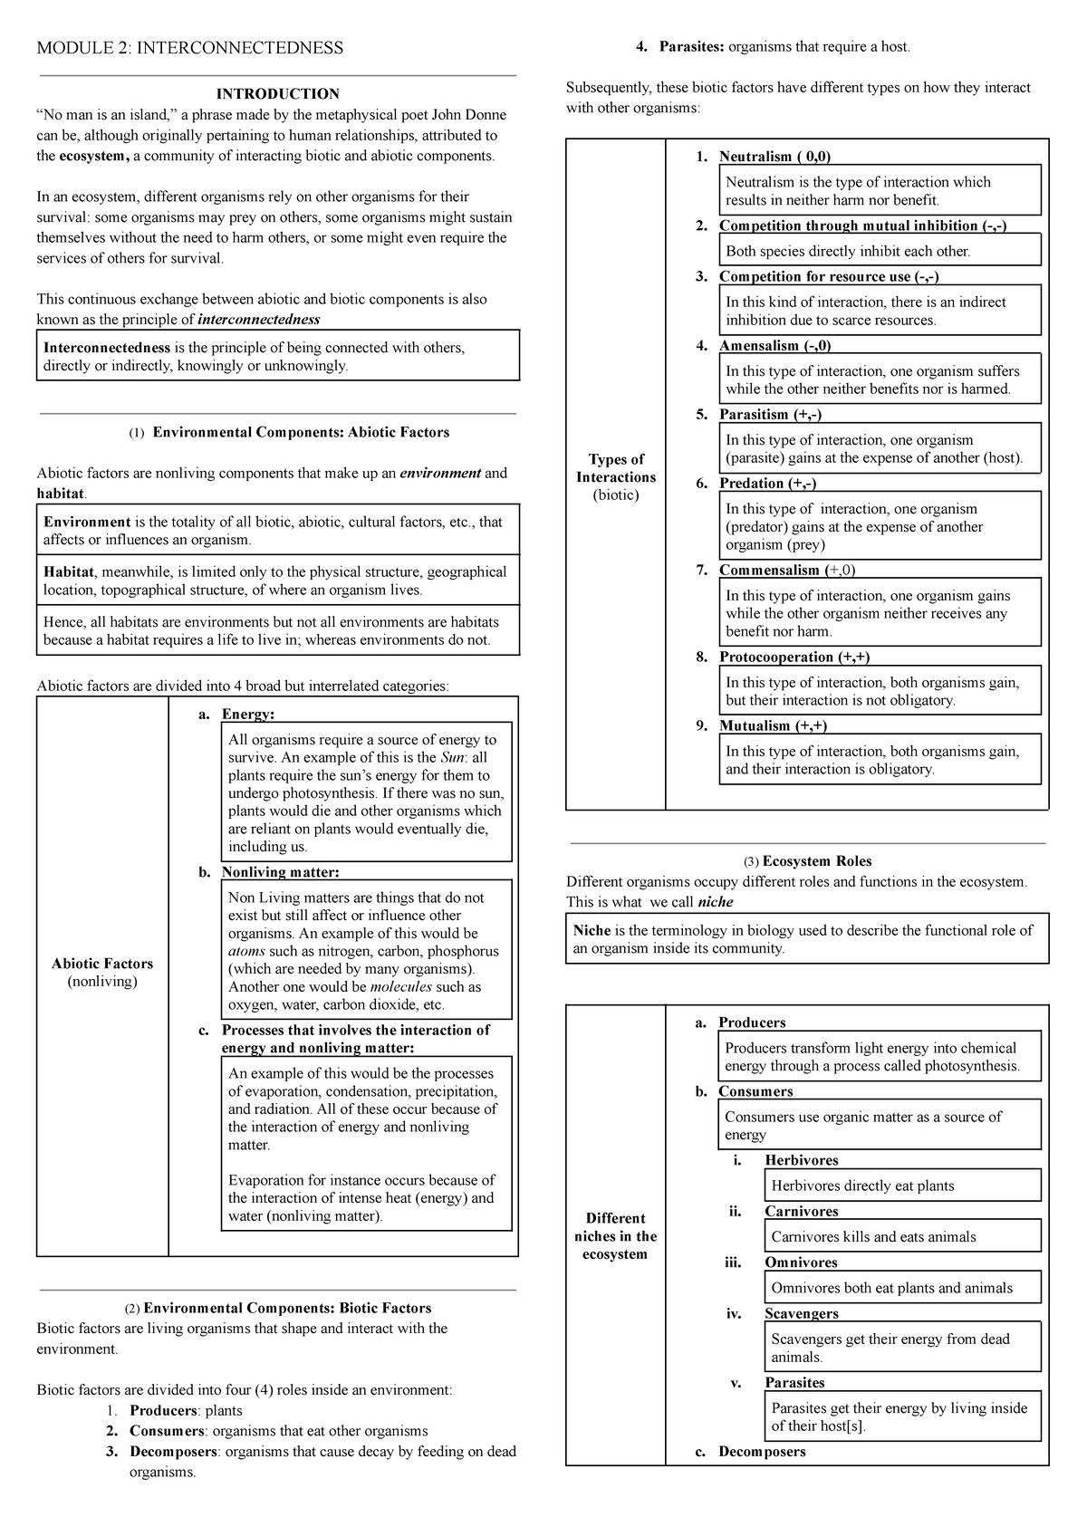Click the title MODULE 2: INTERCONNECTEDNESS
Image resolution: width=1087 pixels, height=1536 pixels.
click(x=189, y=48)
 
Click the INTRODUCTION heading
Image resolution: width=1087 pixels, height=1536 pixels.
click(x=276, y=94)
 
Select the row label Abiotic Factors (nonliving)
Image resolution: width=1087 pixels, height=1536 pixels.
click(x=102, y=973)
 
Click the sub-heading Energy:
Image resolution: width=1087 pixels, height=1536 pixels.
click(x=247, y=715)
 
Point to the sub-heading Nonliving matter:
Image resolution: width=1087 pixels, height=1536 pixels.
click(x=280, y=872)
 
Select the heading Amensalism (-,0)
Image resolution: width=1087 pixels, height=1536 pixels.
click(x=774, y=346)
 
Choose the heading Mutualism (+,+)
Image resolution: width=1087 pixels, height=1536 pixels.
click(x=773, y=726)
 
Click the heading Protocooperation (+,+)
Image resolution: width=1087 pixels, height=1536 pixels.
click(x=794, y=658)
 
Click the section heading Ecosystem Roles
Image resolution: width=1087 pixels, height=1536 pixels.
click(x=816, y=861)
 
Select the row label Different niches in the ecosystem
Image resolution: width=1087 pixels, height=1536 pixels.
click(x=615, y=1236)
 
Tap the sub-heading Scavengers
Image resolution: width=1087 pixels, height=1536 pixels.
click(x=801, y=1314)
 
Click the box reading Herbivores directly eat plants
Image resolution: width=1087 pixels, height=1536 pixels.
click(x=861, y=1186)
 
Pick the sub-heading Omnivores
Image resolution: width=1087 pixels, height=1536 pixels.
click(x=800, y=1262)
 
